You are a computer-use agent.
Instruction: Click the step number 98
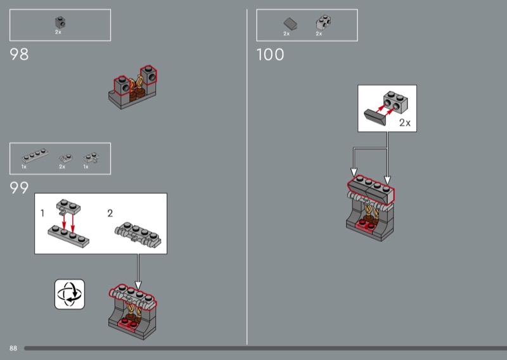pos(19,54)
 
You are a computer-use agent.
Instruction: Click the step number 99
pos(19,188)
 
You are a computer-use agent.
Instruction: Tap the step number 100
pos(270,55)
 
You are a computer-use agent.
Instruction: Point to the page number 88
pos(13,348)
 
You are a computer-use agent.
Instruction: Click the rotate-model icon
pos(70,294)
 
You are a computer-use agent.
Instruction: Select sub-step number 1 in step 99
pos(42,213)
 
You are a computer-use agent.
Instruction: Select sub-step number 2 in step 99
pos(110,213)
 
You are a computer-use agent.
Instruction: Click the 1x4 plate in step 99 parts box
pos(35,155)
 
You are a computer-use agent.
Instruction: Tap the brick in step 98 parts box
pos(60,23)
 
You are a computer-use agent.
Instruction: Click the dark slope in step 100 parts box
pos(290,24)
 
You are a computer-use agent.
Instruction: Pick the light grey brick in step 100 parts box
pos(323,23)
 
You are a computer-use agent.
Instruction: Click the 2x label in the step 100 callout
pos(405,122)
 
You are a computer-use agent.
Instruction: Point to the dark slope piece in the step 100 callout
pos(375,117)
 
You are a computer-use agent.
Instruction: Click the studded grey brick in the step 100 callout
pos(395,102)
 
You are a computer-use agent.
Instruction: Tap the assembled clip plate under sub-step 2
pos(138,235)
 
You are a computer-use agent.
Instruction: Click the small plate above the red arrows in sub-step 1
pos(68,207)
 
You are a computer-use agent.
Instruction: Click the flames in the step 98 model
pos(136,84)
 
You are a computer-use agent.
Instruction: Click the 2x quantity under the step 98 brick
pos(58,32)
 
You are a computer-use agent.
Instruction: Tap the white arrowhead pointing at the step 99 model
pos(138,285)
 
